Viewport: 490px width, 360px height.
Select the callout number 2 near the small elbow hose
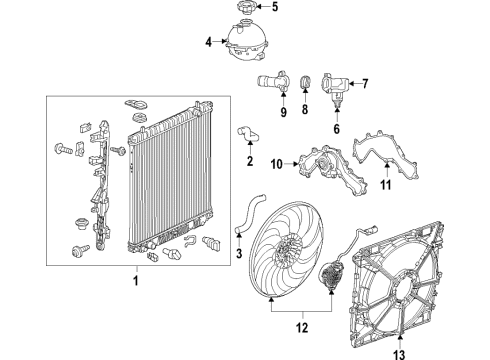[x=249, y=161]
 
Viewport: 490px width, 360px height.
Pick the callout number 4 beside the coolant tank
[x=208, y=42]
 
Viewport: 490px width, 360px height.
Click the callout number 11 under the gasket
[x=388, y=185]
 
